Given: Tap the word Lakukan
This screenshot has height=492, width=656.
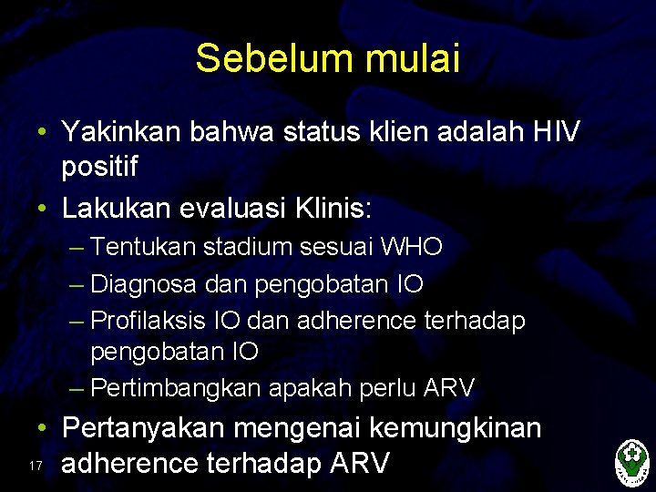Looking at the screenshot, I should (x=114, y=209).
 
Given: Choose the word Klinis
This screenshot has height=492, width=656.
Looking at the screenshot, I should (x=332, y=209).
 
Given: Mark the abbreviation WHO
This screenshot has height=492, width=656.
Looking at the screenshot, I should (x=412, y=246).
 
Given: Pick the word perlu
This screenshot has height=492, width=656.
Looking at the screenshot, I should (x=389, y=389).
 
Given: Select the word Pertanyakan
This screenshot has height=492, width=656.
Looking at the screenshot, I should (x=144, y=428).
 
